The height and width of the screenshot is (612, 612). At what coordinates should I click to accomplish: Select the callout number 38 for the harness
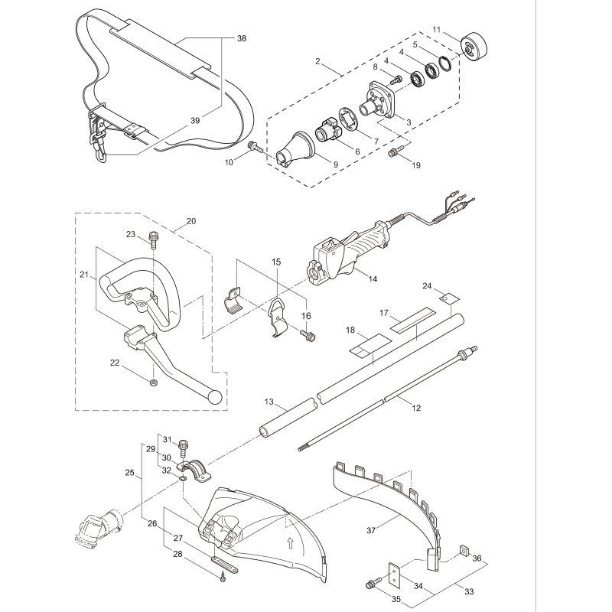click(x=242, y=37)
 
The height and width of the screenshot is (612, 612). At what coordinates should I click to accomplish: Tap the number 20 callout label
click(x=190, y=221)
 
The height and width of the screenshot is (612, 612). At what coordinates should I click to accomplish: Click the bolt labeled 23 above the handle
click(x=154, y=239)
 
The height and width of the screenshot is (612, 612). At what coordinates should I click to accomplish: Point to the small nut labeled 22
click(x=155, y=381)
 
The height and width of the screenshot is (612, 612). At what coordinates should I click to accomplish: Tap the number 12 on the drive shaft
click(x=416, y=409)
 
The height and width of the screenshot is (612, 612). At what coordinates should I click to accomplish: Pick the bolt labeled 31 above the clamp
click(x=183, y=445)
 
